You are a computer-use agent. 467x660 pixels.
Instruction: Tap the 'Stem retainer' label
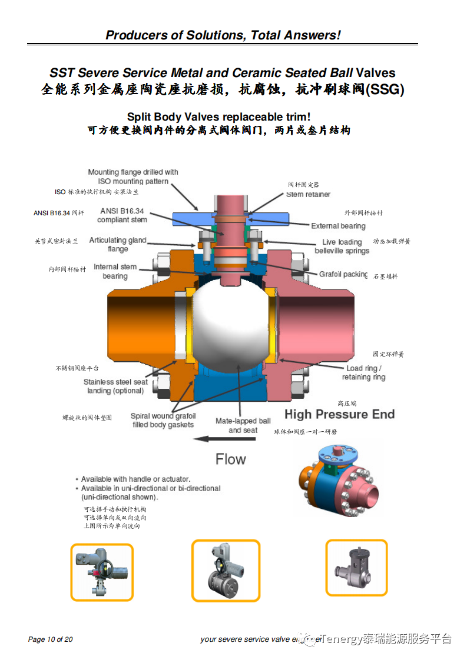click(308, 195)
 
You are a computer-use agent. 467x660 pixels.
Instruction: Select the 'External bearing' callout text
click(338, 226)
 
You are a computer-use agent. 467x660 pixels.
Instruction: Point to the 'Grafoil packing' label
click(343, 274)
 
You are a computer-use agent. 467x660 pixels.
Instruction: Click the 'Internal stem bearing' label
click(115, 271)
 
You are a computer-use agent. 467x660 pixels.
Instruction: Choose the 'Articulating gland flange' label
click(118, 244)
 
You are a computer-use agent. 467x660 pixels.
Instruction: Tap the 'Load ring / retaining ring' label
click(363, 373)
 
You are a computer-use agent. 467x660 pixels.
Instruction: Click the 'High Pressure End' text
click(339, 414)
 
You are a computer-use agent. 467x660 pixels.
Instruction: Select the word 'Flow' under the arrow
click(230, 459)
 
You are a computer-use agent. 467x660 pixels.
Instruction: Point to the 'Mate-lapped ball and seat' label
click(243, 425)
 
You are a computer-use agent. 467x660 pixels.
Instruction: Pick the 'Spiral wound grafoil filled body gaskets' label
click(163, 420)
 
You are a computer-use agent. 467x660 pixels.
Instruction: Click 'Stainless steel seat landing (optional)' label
click(115, 386)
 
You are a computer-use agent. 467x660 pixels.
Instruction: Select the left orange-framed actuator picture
click(102, 572)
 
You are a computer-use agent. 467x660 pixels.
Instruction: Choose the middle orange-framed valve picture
click(226, 570)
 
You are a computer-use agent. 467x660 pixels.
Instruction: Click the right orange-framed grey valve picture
click(356, 568)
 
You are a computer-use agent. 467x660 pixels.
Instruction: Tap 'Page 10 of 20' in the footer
click(51, 639)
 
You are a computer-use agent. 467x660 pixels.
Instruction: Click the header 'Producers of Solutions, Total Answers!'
click(223, 35)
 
